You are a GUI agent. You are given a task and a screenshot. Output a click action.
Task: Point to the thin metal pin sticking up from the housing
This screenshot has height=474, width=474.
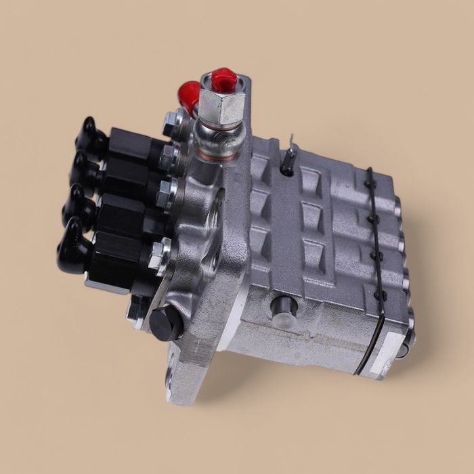pyautogui.click(x=289, y=149)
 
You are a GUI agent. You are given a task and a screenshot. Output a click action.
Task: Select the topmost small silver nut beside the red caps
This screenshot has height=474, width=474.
pyautogui.click(x=171, y=123)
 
